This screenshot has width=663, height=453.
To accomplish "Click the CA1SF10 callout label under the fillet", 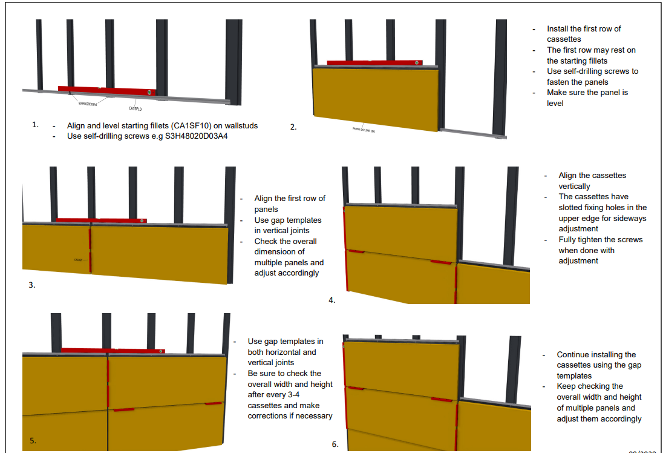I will (x=135, y=109).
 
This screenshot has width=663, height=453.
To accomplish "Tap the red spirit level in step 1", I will (x=107, y=90).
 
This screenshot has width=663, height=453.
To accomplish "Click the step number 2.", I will (x=293, y=127).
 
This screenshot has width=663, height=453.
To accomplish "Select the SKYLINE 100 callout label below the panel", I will (x=364, y=130).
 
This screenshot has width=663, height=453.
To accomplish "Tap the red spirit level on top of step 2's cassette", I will (x=373, y=62).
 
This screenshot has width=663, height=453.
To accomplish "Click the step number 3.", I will (x=31, y=284).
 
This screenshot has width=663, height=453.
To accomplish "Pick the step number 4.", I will (x=331, y=300).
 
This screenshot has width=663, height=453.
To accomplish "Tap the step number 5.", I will (x=33, y=440).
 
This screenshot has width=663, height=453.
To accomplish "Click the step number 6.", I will (x=335, y=444).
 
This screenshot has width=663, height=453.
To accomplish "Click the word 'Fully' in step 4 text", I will (x=569, y=239).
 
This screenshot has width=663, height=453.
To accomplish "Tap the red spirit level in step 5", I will (x=113, y=351).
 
